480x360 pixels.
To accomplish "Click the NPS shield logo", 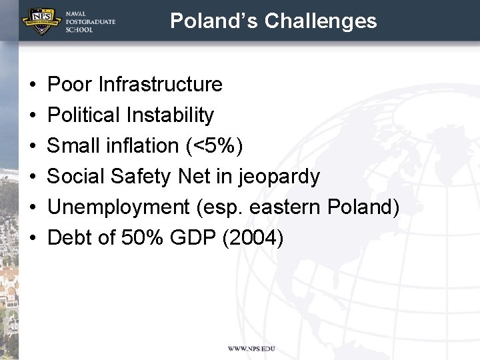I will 42,20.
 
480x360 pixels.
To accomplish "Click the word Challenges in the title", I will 320,21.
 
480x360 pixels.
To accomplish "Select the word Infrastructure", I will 160,85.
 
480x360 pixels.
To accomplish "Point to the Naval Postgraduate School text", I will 90,21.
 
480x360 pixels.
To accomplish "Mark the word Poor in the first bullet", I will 70,85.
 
